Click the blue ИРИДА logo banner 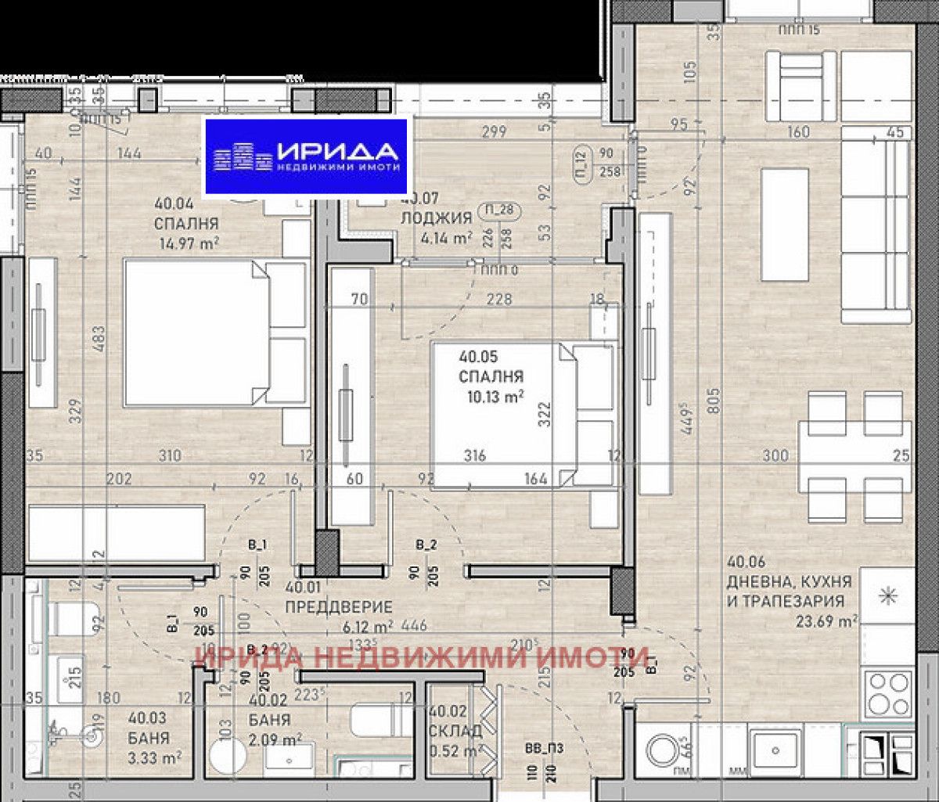307,156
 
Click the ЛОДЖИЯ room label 436,218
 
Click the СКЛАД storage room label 454,730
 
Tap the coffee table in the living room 784,225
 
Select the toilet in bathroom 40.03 70,618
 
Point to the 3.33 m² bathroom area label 156,757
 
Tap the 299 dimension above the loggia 493,132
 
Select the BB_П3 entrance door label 545,749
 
